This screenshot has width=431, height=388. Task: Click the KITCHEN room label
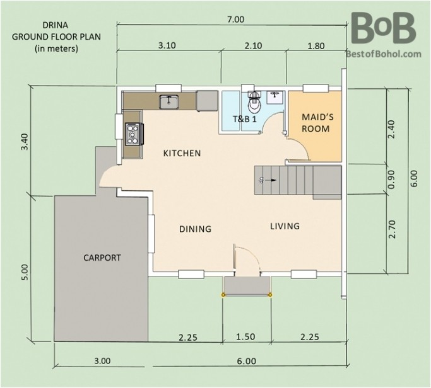(x=182, y=153)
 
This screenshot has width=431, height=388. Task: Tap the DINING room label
(x=194, y=229)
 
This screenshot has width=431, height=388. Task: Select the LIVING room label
(x=285, y=226)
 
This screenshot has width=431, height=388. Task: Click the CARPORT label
(x=102, y=257)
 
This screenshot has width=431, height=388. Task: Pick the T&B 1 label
(x=245, y=118)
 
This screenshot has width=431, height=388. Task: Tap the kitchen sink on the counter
(x=170, y=101)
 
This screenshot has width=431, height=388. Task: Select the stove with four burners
(x=134, y=132)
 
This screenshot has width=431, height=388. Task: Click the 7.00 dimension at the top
(x=235, y=19)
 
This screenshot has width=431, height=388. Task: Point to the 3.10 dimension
(x=167, y=45)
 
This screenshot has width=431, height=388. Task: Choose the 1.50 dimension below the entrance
(x=245, y=337)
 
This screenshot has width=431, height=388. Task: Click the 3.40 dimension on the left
(x=25, y=140)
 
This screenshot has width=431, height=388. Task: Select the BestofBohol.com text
(x=383, y=54)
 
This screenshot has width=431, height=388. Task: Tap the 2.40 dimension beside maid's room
(x=392, y=128)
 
